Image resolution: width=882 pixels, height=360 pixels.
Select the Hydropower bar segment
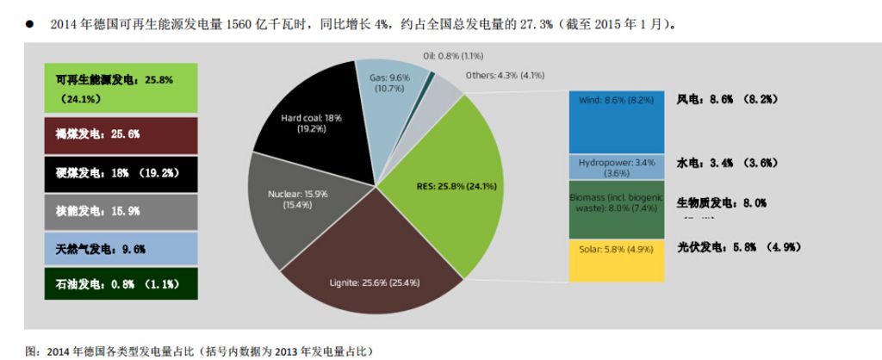pyautogui.click(x=616, y=167)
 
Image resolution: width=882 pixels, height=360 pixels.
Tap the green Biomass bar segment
pyautogui.click(x=616, y=209)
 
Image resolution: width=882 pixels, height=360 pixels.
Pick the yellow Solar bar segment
pyautogui.click(x=616, y=260)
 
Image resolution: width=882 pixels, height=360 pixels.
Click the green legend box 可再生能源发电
pyautogui.click(x=121, y=88)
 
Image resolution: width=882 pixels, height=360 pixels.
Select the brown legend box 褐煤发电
pyautogui.click(x=121, y=134)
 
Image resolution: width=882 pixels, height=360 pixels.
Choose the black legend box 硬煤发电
pyautogui.click(x=121, y=173)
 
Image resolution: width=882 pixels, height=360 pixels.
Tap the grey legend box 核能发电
pyautogui.click(x=121, y=211)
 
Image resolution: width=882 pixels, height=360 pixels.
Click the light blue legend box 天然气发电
pyautogui.click(x=121, y=249)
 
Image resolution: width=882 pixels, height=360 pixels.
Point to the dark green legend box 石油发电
pyautogui.click(x=121, y=283)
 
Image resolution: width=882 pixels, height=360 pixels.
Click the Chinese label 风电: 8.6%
pyautogui.click(x=727, y=100)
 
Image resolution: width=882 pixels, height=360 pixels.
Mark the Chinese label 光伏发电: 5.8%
pyautogui.click(x=738, y=247)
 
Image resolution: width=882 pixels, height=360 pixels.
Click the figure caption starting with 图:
pyautogui.click(x=198, y=351)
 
